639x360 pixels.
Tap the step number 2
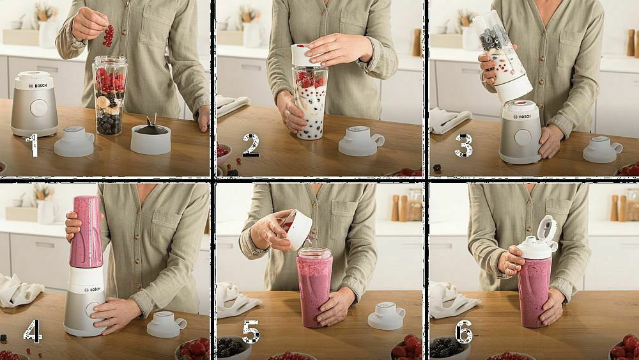coord(250,145)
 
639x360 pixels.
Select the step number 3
coord(464,145)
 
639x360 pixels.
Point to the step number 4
coord(33,331)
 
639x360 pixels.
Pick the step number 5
coord(251,331)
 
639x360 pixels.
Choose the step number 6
coord(464,332)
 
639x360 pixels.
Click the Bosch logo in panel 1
coord(38,86)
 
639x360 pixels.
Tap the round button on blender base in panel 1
coord(39,108)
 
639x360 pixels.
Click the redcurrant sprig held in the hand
coord(108,36)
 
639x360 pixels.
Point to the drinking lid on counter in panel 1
coord(75,141)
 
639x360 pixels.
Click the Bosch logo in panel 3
coord(521,117)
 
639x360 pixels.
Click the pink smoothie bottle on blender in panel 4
coord(86,231)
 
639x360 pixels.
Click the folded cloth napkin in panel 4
coord(19,290)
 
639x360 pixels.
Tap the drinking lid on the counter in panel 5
coord(387,315)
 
